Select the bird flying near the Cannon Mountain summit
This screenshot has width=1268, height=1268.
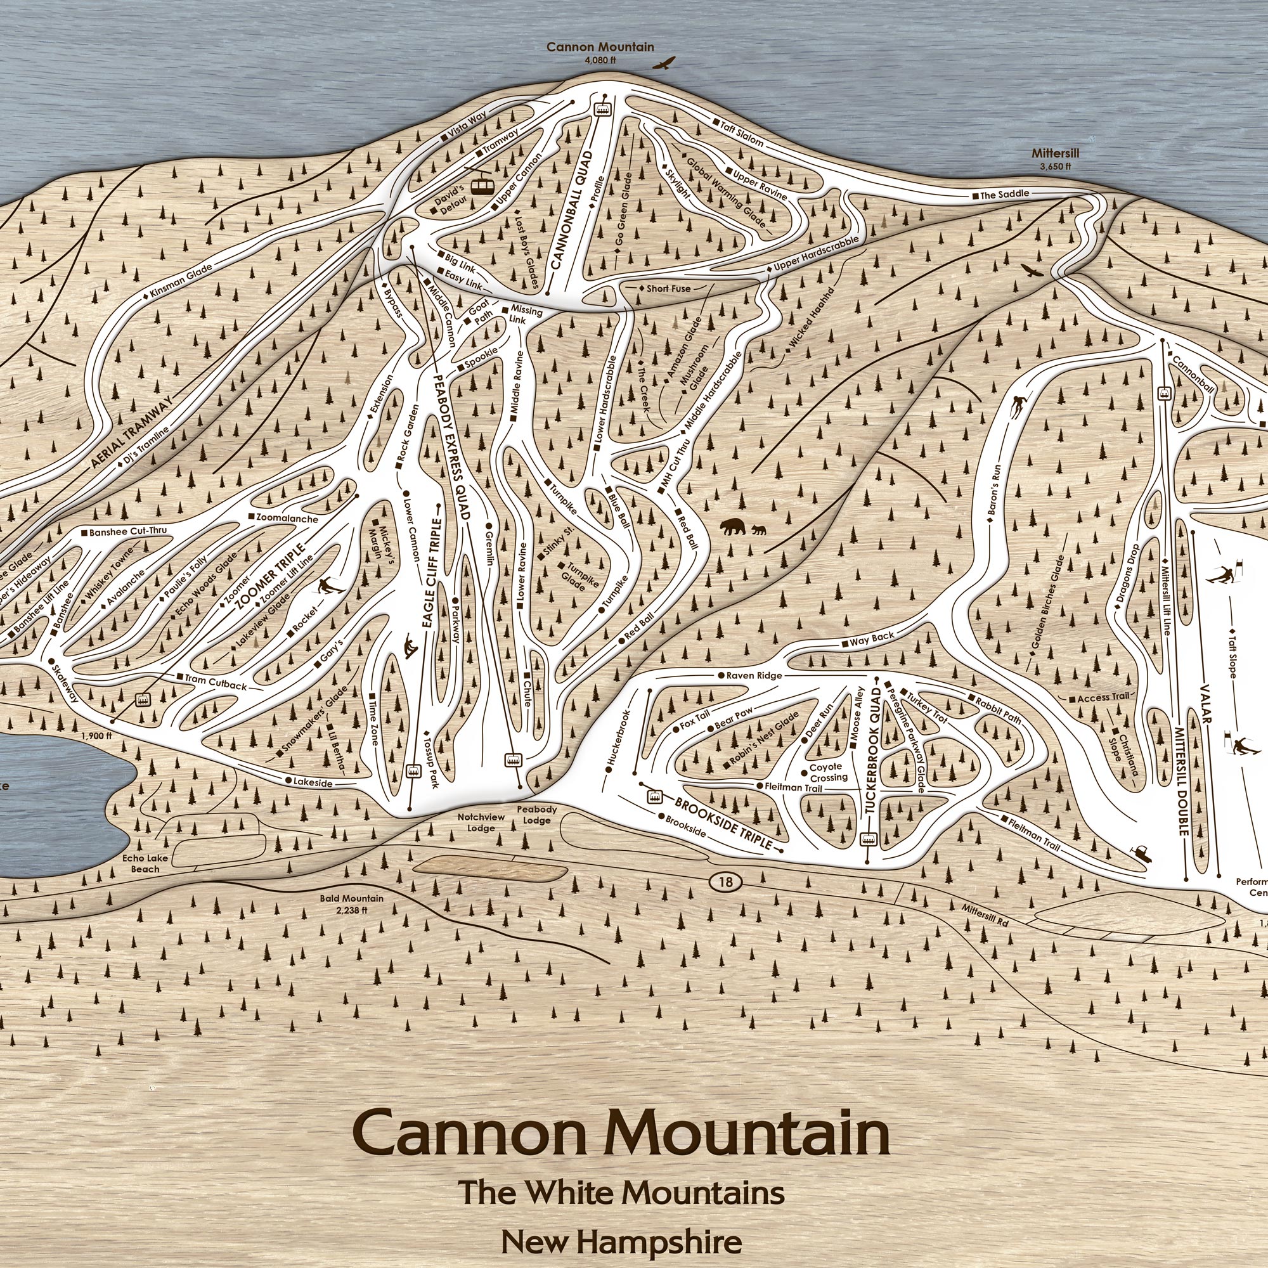[664, 63]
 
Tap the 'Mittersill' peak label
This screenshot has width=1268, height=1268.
[1055, 153]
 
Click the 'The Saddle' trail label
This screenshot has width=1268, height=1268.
[1004, 195]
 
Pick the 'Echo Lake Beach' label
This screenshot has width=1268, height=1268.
[145, 863]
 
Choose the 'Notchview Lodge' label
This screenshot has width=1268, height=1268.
[481, 824]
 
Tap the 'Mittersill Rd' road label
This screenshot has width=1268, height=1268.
[985, 915]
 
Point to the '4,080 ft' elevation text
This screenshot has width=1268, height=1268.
[600, 60]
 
